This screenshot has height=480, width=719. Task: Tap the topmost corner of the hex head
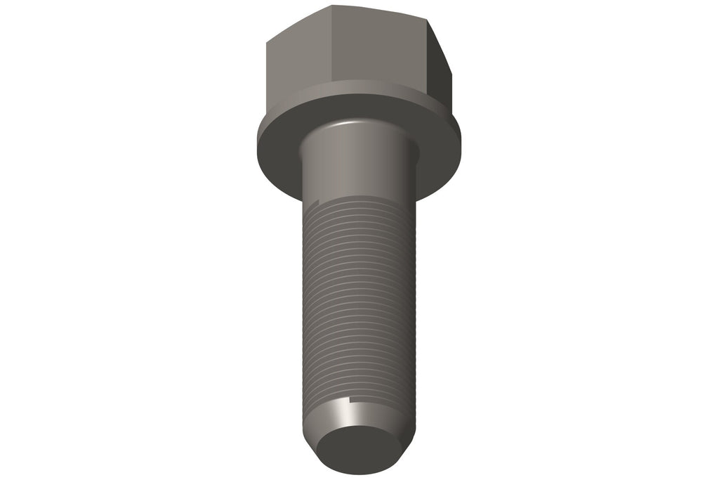point(332,7)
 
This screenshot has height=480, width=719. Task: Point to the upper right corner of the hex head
point(430,19)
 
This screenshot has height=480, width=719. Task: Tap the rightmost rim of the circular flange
point(460,141)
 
